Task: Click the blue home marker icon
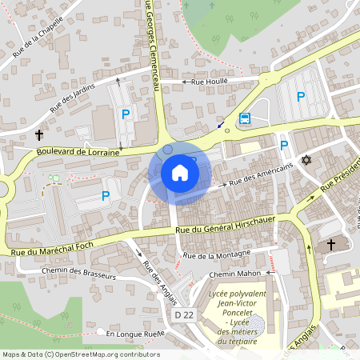click(180, 173)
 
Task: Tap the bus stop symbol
click(245, 119)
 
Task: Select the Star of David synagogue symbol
click(305, 160)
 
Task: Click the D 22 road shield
click(186, 314)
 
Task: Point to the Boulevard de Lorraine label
click(77, 150)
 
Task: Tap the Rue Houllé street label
click(210, 81)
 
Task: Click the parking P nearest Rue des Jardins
click(126, 115)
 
